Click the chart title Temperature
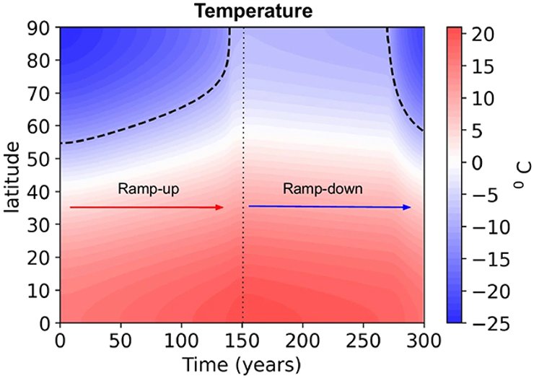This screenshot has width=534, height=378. [242, 11]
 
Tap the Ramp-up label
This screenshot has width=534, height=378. [148, 189]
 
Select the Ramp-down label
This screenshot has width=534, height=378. [323, 189]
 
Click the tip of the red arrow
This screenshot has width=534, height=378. [224, 207]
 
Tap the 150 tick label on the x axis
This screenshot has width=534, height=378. [242, 338]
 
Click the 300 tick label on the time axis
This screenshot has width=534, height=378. [424, 338]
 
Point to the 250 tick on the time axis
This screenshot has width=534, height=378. [363, 338]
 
